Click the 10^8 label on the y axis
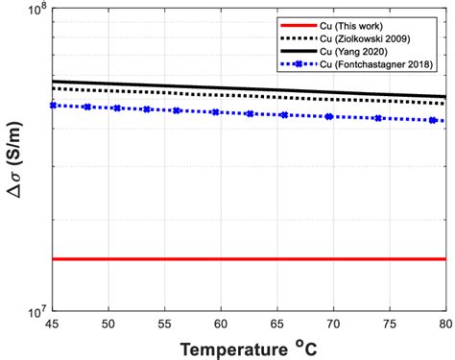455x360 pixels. click(x=35, y=12)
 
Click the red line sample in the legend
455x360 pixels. click(x=293, y=23)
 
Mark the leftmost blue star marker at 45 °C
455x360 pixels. click(x=53, y=105)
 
